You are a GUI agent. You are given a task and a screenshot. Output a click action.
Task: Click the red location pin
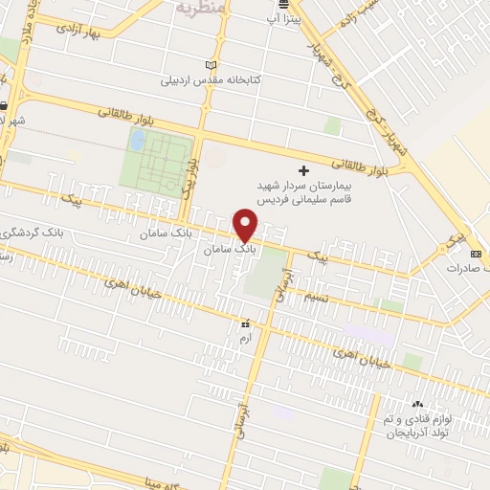point(246,225)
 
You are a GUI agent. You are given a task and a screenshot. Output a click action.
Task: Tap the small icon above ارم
point(246,324)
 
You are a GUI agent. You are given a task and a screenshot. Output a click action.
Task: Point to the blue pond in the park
point(139,141)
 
